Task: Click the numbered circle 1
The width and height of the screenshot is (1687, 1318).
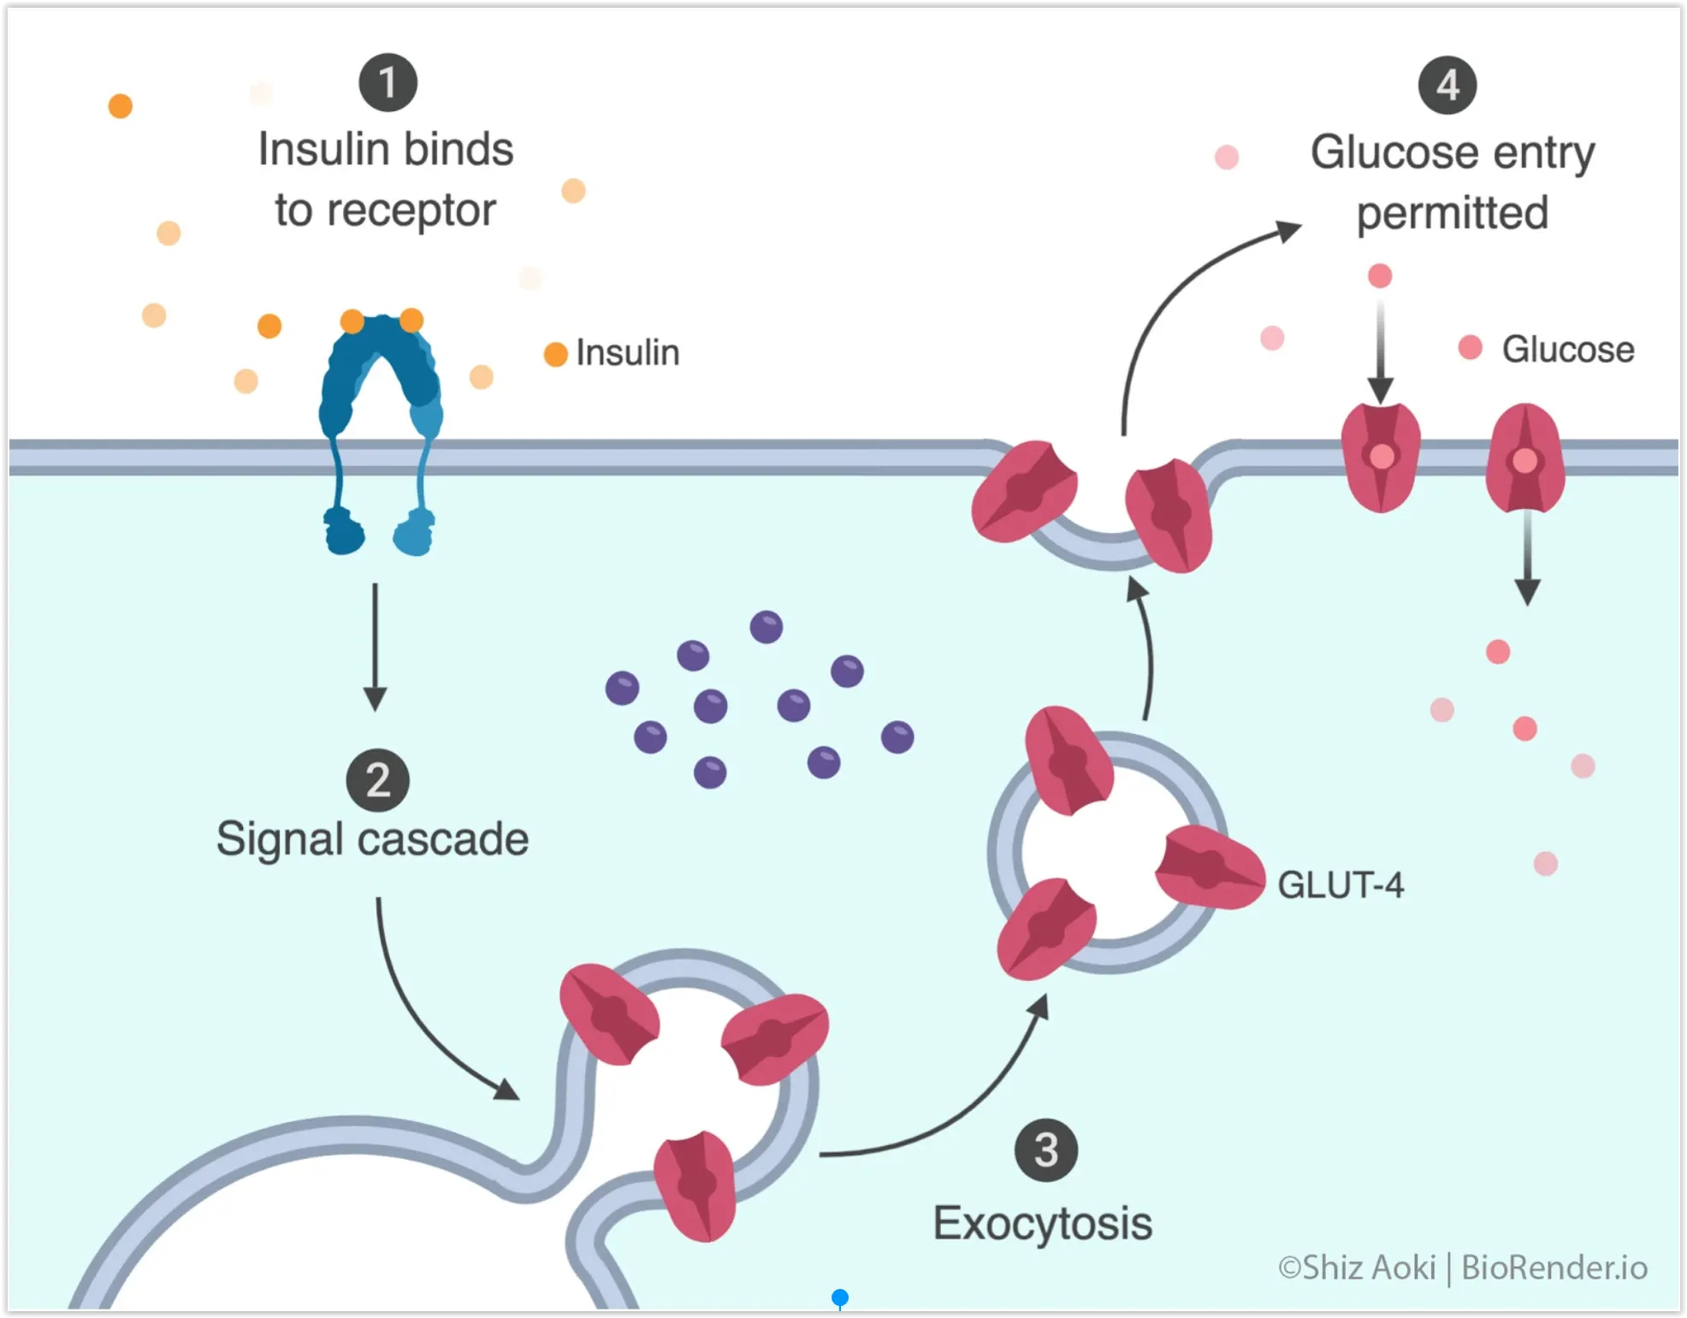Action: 388,83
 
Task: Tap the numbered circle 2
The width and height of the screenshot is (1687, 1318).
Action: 377,780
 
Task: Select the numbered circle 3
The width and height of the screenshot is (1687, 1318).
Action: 1045,1150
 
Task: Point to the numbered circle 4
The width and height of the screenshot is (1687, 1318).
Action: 1447,86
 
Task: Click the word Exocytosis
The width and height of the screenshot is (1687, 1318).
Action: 1042,1223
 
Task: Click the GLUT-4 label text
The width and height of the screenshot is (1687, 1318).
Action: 1340,885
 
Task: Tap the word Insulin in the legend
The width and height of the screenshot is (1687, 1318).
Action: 627,352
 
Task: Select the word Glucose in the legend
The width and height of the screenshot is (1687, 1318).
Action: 1567,349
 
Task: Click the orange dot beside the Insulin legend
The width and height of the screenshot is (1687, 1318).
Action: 556,354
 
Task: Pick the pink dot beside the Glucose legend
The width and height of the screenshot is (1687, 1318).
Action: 1470,347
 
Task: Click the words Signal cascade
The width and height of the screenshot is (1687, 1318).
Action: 372,839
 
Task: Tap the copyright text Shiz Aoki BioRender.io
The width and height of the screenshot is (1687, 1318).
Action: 1462,1268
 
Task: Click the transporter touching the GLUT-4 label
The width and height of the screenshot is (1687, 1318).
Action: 1209,867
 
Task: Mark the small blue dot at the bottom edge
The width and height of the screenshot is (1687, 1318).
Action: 840,1297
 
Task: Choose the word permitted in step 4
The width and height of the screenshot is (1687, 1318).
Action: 1452,213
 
